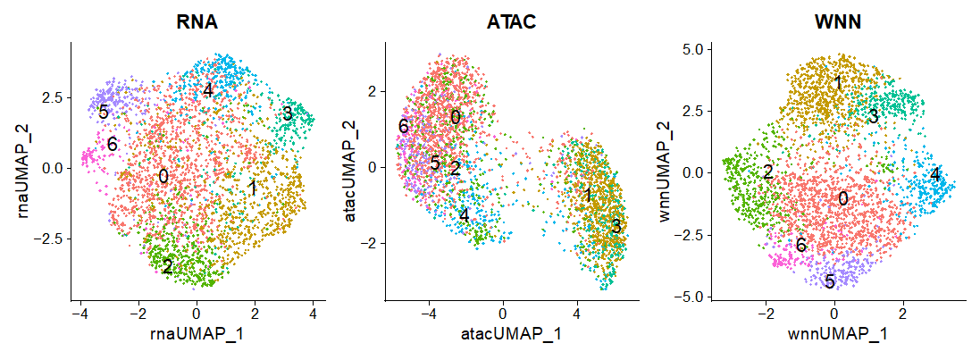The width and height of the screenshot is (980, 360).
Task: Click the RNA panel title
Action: pyautogui.click(x=197, y=22)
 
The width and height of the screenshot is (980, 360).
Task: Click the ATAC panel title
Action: pyautogui.click(x=512, y=22)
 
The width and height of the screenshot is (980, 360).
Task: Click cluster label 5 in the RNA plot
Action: pyautogui.click(x=104, y=113)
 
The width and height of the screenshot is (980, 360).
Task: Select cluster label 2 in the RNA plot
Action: pyautogui.click(x=168, y=265)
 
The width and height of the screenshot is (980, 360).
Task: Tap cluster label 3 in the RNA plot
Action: pyautogui.click(x=288, y=113)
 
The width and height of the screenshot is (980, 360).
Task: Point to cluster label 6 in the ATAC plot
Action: pyautogui.click(x=404, y=127)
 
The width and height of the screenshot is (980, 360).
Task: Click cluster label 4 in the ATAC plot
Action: pyautogui.click(x=464, y=214)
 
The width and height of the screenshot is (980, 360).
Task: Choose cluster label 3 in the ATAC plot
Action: pyautogui.click(x=616, y=227)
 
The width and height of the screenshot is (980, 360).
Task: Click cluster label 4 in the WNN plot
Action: pyautogui.click(x=934, y=174)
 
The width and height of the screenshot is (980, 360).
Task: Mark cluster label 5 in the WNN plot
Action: pyautogui.click(x=830, y=282)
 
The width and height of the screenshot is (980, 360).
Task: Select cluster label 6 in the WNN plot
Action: pyautogui.click(x=801, y=245)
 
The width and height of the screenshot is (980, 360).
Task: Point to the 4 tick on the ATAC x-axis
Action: pyautogui.click(x=576, y=314)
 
